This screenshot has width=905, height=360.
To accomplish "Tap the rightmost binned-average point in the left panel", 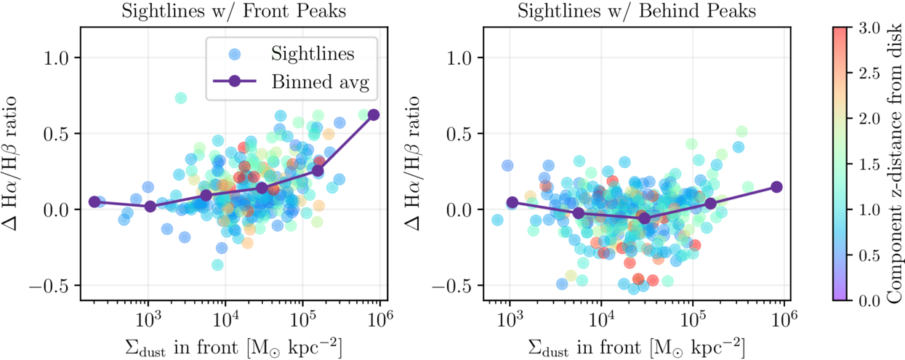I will (374, 115).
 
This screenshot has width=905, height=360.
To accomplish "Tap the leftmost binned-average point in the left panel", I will (94, 201).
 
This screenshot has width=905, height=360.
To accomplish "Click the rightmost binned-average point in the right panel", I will (776, 187).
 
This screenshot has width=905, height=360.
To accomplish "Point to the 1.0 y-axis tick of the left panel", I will (65, 57).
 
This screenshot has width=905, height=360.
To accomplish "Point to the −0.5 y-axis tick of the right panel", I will (466, 286).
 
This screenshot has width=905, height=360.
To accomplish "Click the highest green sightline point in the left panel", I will (180, 98).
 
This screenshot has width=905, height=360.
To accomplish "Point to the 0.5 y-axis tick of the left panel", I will (65, 134).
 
